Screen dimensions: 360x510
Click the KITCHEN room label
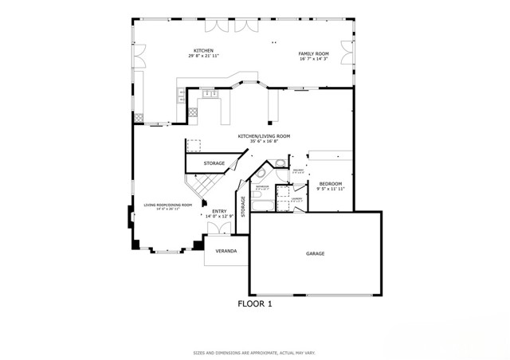(x=204, y=50)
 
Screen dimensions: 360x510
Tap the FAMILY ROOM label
(x=314, y=53)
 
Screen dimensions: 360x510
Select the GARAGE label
(x=315, y=253)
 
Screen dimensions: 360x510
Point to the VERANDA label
(x=226, y=250)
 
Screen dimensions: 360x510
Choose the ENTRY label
(x=219, y=211)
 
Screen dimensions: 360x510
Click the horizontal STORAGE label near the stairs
(x=214, y=163)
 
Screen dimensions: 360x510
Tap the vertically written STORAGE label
(x=243, y=205)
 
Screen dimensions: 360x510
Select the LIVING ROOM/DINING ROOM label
(x=167, y=205)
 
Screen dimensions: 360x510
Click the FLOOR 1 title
(x=255, y=303)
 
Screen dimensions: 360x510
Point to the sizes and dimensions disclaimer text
(x=254, y=351)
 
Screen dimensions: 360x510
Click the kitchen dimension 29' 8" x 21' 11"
(x=204, y=57)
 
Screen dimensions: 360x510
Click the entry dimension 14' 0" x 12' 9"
(x=219, y=217)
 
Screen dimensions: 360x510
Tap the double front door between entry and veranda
(x=219, y=229)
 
